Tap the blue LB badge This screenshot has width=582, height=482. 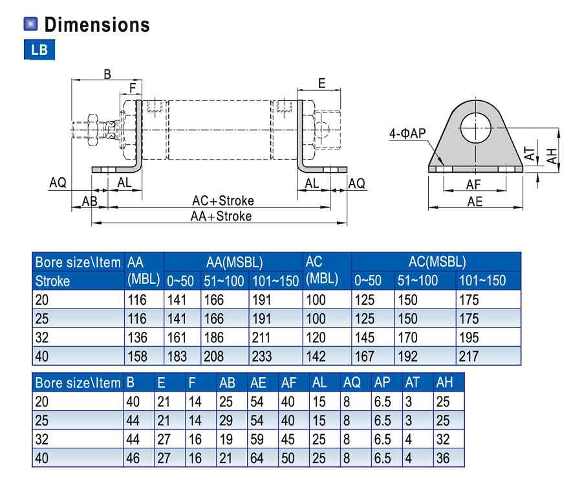pos(39,50)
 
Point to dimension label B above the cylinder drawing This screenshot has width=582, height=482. pos(107,74)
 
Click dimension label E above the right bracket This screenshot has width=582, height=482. pos(321,82)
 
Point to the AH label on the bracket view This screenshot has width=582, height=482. pos(551,155)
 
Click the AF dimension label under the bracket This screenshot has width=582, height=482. pos(474,185)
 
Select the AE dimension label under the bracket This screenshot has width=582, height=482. pos(475,202)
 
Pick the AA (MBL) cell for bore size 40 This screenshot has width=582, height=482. pos(137,356)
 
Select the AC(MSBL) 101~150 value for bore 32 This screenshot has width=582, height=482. pos(469,337)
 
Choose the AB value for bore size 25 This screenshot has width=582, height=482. pos(226,420)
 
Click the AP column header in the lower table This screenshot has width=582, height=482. pos(382,382)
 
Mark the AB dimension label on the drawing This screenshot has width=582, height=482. pos(89,201)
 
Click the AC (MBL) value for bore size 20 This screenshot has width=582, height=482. pos(316,300)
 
